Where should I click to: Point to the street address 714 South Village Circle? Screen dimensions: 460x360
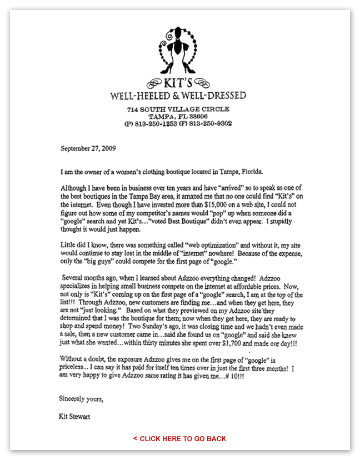coord(178,109)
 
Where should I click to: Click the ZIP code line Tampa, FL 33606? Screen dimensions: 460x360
coord(178,117)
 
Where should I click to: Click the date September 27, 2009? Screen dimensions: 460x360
coord(89,148)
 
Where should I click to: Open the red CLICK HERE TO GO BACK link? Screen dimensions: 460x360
coord(179,438)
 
